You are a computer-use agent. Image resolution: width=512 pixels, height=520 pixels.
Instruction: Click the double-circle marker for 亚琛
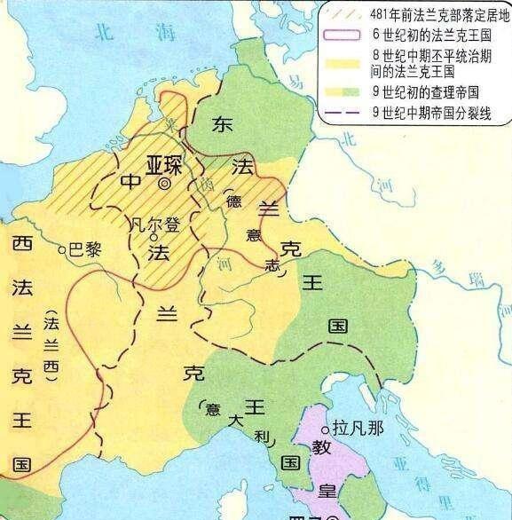pyautogui.click(x=165, y=185)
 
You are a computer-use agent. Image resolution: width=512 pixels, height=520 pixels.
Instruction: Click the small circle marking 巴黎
pyautogui.click(x=61, y=251)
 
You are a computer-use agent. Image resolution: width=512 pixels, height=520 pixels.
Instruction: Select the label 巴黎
pyautogui.click(x=85, y=250)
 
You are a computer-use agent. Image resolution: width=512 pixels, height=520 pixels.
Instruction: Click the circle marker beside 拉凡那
pyautogui.click(x=324, y=427)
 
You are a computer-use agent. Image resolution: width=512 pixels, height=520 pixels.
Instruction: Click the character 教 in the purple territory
pyautogui.click(x=321, y=451)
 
